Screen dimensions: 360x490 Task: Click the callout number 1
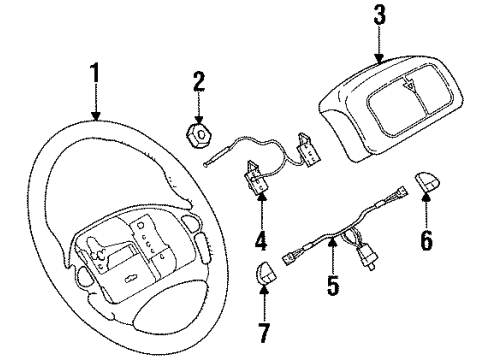pyautogui.click(x=96, y=75)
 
